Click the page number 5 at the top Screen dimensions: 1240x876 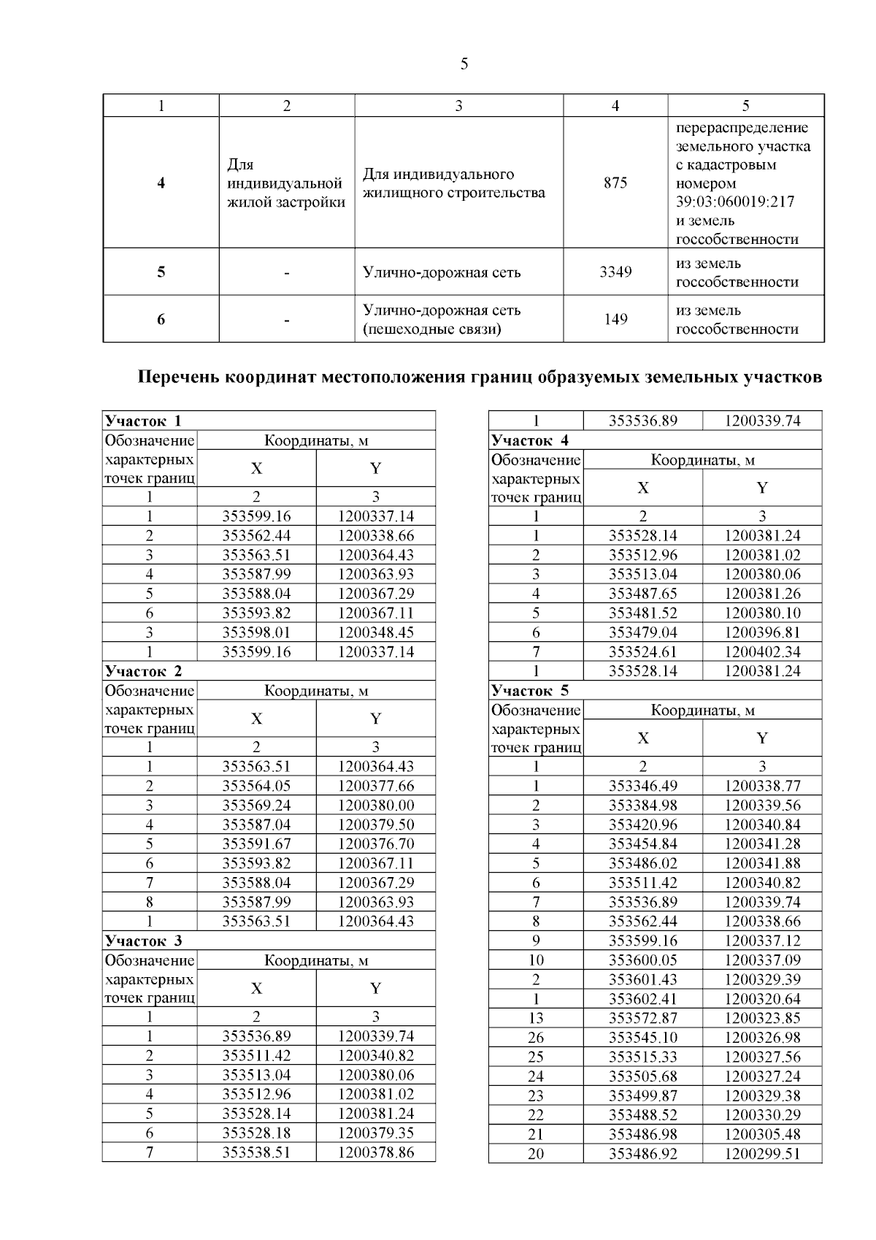tap(464, 64)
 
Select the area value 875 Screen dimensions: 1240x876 tap(615, 183)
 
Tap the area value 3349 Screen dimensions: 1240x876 tap(615, 272)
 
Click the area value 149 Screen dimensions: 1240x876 tap(615, 319)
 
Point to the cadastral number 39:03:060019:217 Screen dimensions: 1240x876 tap(735, 202)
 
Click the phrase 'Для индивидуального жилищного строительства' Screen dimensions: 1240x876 tap(453, 183)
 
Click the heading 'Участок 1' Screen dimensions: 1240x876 tap(143, 421)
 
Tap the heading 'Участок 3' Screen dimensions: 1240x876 tap(143, 941)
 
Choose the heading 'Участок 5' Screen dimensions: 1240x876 tap(529, 690)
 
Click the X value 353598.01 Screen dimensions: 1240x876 tap(256, 632)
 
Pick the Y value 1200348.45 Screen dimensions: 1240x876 tap(376, 632)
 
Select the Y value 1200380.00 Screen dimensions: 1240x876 tap(376, 805)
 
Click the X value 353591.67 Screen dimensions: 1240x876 tap(256, 844)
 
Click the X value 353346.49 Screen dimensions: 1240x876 tap(642, 786)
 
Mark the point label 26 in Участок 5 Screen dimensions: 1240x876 tap(536, 1037)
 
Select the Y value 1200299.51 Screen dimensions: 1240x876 tap(762, 1154)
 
